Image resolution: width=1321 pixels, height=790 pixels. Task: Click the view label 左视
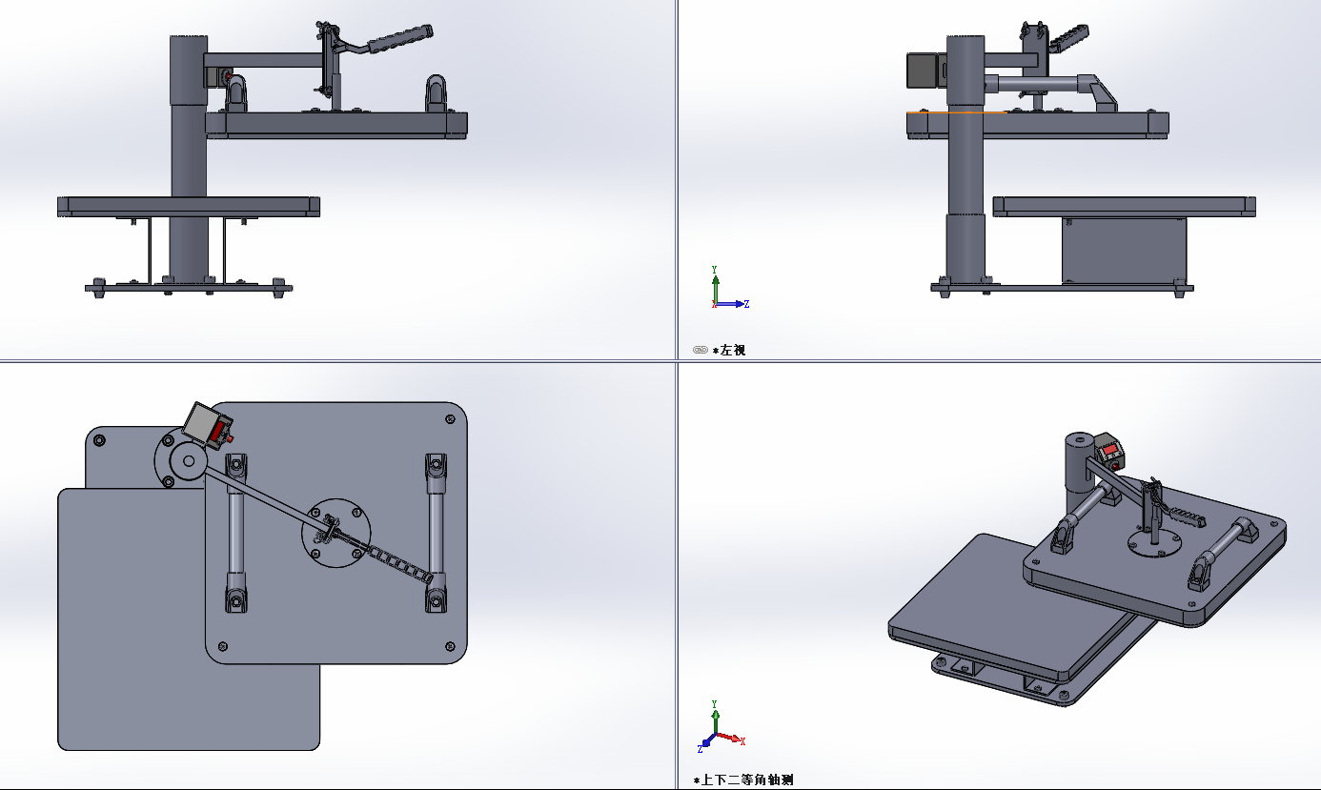pos(732,350)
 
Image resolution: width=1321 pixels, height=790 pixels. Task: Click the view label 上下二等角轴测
pos(746,780)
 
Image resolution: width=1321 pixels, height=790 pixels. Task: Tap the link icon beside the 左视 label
pos(700,350)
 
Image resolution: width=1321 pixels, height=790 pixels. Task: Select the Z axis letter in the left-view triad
pos(746,304)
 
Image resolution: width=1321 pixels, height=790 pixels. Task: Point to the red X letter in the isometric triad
pos(742,741)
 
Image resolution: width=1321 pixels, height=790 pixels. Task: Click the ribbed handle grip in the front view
pos(400,38)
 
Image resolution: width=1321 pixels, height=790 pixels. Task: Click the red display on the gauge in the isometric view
pos(1109,451)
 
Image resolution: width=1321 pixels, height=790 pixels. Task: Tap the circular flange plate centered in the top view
pos(336,534)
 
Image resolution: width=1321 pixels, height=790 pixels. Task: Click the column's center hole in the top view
pos(189,461)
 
